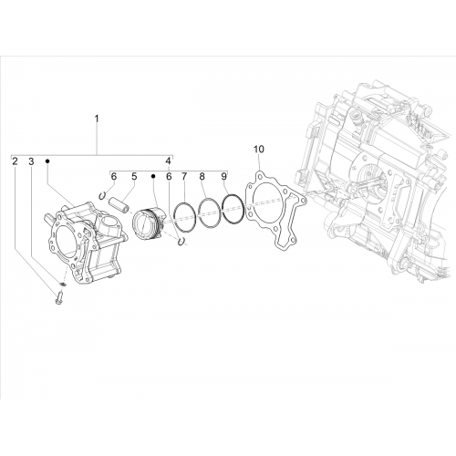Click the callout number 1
(x=97, y=119)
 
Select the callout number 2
(x=15, y=161)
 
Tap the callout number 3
(x=31, y=161)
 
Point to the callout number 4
(x=169, y=161)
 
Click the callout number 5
(x=134, y=176)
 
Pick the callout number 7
(x=184, y=176)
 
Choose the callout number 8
(x=202, y=176)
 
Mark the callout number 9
(x=223, y=176)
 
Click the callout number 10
(x=259, y=150)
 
